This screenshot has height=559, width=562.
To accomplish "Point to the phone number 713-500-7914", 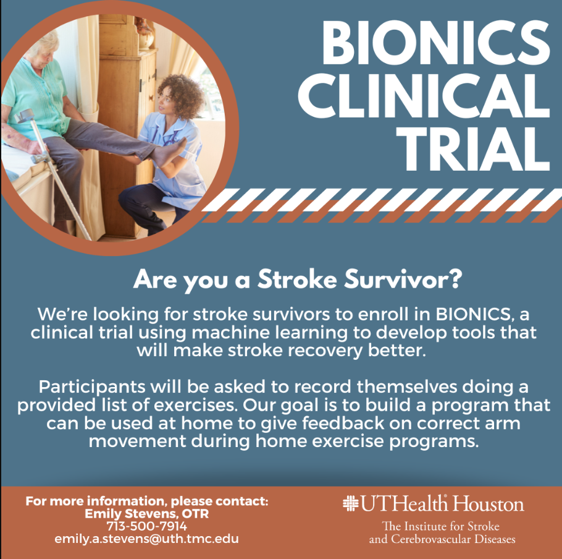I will click(x=147, y=526).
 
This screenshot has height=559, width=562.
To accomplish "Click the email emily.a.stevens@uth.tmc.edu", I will click(x=147, y=539).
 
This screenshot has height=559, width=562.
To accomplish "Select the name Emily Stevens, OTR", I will click(x=147, y=514).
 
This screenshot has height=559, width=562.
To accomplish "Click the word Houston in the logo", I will click(x=488, y=504).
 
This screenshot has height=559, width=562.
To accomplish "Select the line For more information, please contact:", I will click(x=147, y=501).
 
